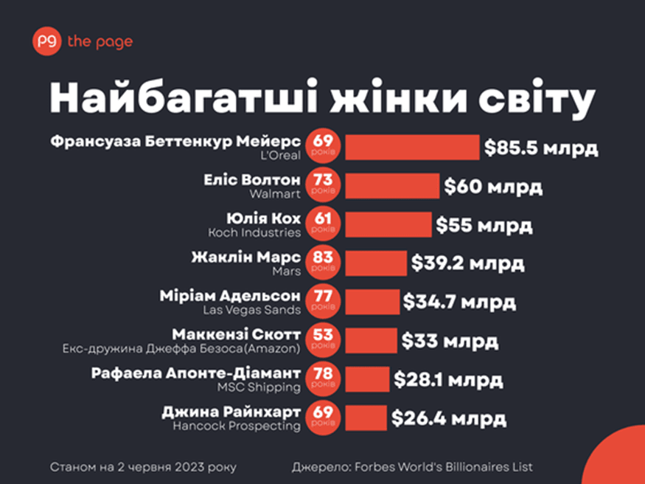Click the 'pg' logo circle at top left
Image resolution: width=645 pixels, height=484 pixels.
[46, 41]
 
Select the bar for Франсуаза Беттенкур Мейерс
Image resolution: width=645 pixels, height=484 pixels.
[412, 147]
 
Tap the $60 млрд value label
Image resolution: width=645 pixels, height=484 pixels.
[493, 187]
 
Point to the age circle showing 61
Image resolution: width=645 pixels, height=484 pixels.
[323, 224]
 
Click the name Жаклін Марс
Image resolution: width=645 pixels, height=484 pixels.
[245, 257]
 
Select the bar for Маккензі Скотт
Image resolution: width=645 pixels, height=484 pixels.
[371, 341]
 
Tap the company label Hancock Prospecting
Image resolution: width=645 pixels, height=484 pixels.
[237, 426]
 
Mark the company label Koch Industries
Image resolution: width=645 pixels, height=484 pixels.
[254, 232]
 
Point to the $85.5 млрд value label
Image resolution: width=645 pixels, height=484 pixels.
[540, 148]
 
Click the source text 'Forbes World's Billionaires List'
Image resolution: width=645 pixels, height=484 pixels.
[442, 467]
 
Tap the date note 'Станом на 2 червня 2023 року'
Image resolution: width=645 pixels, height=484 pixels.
[144, 467]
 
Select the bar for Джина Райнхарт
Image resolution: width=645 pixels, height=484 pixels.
[366, 418]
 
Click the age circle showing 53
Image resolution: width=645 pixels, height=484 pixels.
[323, 341]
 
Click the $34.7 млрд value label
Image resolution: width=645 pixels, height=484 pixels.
[459, 302]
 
